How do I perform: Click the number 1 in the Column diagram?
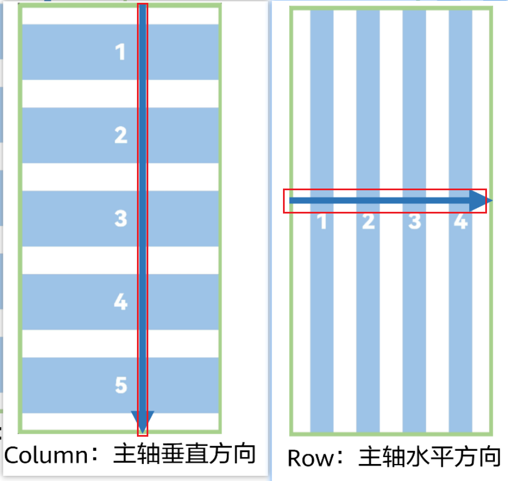tap(120, 52)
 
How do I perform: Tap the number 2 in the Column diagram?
tap(120, 135)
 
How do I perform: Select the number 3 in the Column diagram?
tap(120, 219)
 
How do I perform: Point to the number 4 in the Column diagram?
tap(120, 302)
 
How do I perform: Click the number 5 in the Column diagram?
tap(120, 385)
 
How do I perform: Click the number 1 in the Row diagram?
tap(322, 221)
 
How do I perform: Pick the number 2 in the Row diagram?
tap(368, 221)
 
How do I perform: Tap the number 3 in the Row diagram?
tap(414, 221)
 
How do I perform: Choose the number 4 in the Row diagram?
tap(460, 221)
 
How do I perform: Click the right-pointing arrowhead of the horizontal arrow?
tap(480, 200)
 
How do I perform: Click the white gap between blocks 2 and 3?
tap(80, 177)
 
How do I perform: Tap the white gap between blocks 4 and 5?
tap(80, 344)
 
